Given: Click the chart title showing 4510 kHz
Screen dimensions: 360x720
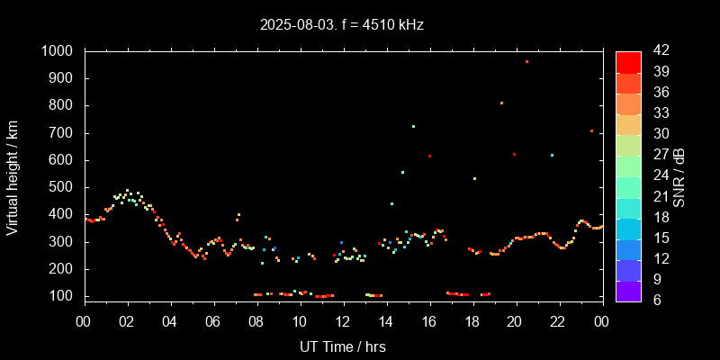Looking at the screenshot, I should [x=341, y=25].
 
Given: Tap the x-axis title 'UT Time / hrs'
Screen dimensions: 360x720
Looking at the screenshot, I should [x=342, y=346].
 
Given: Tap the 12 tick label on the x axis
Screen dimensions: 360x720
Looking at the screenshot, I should [x=343, y=322].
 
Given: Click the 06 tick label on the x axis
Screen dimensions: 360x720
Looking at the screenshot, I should [x=213, y=322].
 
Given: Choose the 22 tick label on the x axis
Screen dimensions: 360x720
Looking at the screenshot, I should [x=558, y=322].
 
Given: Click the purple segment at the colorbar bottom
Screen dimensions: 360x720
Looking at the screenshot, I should [x=628, y=290].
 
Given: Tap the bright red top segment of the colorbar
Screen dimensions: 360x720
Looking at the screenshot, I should [x=628, y=62].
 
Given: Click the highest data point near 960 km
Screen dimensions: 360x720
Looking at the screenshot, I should [x=526, y=62].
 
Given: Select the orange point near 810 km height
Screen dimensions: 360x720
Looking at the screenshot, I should [x=501, y=103].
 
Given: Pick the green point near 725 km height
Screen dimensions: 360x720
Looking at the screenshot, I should [x=413, y=126].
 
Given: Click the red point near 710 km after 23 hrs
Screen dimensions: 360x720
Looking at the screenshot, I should [x=591, y=130].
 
